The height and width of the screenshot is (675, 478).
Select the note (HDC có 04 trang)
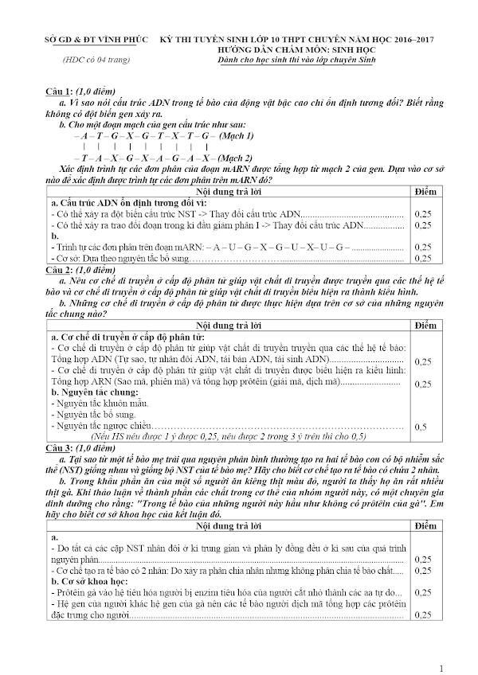89,60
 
